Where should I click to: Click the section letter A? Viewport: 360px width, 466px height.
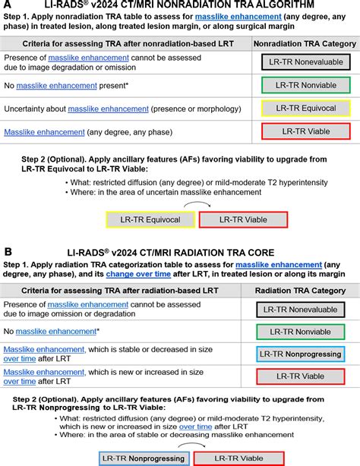point(8,5)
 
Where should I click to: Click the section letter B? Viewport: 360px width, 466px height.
point(8,250)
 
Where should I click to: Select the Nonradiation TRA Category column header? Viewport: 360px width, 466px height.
point(302,44)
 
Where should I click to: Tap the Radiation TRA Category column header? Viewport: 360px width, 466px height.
point(302,290)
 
